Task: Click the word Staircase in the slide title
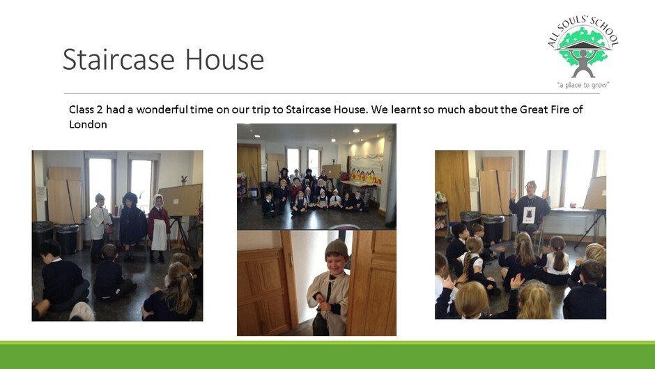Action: tap(118, 59)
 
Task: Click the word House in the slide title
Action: tap(224, 59)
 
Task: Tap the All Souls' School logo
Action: tap(583, 52)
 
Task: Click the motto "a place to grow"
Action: tap(583, 85)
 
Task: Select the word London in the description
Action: tap(88, 124)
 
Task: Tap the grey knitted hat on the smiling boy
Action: tap(337, 248)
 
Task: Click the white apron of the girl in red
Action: tap(159, 234)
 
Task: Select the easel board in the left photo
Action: tap(180, 200)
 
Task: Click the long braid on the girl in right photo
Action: tap(466, 262)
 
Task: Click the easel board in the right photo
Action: tap(595, 193)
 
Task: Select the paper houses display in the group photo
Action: tap(366, 176)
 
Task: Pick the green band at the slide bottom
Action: tap(327, 355)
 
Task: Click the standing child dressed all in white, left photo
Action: tap(100, 226)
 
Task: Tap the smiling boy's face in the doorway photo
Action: tap(337, 264)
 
